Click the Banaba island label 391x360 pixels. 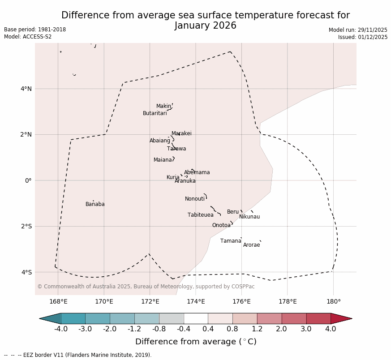(x=95, y=204)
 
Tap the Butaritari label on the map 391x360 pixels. (x=155, y=113)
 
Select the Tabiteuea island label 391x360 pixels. (x=200, y=215)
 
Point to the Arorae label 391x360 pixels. (x=251, y=245)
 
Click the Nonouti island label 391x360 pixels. (x=195, y=199)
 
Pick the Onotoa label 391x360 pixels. (x=221, y=225)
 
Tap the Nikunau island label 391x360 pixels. (x=249, y=217)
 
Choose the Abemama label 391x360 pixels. (x=197, y=172)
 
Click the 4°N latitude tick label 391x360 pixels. (x=26, y=89)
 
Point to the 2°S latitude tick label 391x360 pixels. (x=26, y=226)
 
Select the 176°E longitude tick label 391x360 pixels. (x=241, y=301)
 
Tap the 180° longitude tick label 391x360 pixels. (x=333, y=301)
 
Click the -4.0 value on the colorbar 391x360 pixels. (x=61, y=329)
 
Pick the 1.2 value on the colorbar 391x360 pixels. (x=257, y=329)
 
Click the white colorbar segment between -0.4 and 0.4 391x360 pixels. (x=196, y=318)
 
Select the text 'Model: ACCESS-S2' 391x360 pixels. (x=28, y=37)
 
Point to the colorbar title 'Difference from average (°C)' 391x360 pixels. (x=196, y=342)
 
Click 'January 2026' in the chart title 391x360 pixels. (x=205, y=26)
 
